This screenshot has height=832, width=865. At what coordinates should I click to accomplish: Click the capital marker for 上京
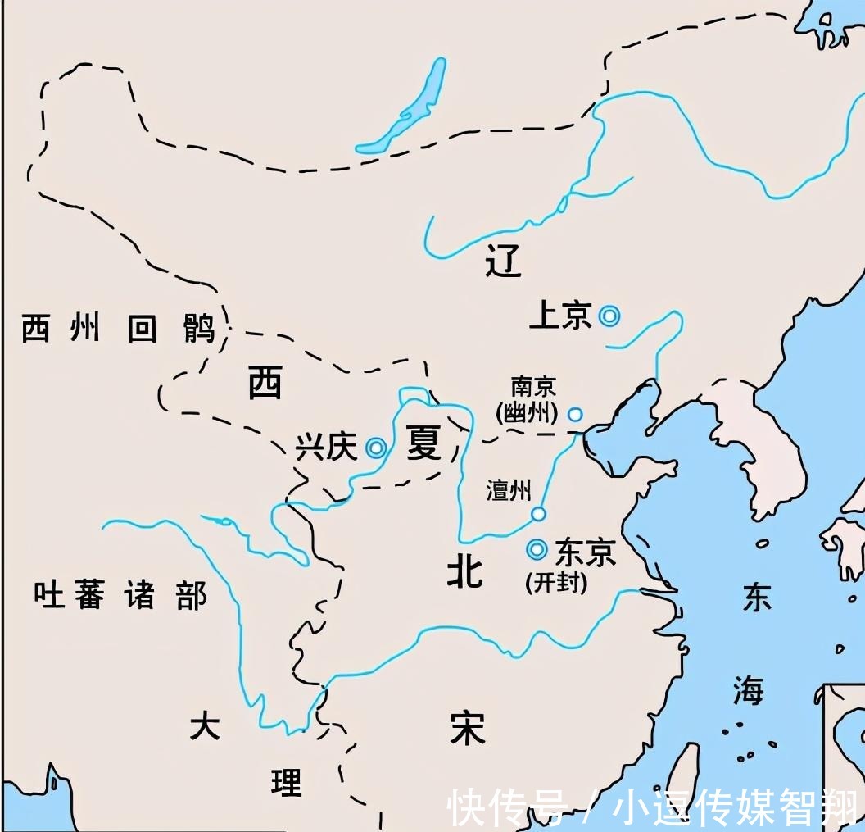click(x=609, y=316)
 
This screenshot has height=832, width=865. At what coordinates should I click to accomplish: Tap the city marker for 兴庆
click(x=376, y=447)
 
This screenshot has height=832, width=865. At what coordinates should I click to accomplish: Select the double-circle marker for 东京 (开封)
click(x=537, y=549)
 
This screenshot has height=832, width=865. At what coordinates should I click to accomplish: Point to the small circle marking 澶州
click(x=538, y=514)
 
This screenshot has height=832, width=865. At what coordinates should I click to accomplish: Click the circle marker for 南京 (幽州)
click(x=575, y=415)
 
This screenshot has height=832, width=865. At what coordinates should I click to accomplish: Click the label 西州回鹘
click(x=118, y=329)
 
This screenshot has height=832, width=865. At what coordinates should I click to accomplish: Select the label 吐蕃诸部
click(x=120, y=594)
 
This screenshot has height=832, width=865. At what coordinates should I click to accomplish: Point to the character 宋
click(x=468, y=727)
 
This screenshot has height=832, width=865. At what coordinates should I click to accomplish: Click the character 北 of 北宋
click(x=464, y=571)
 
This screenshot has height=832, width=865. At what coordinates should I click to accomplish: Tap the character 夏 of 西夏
click(x=424, y=443)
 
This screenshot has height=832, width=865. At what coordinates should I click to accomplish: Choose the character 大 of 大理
click(x=205, y=726)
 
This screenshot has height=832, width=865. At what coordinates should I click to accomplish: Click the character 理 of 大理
click(x=287, y=783)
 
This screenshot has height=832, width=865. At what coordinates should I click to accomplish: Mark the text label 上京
click(x=561, y=316)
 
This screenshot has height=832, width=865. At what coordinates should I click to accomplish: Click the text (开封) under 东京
click(x=556, y=583)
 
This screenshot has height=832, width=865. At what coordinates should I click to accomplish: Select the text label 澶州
click(x=509, y=491)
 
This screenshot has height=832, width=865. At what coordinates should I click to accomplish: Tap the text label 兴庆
click(x=326, y=448)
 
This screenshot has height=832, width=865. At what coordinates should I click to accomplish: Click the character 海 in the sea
click(x=748, y=691)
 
